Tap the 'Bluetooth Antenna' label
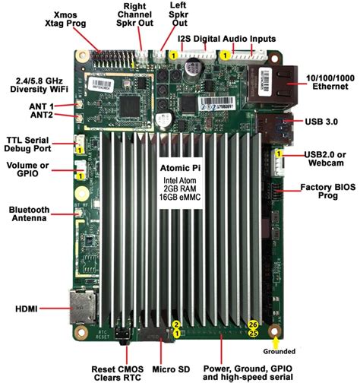pos(30,215)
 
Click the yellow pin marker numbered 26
pos(253,323)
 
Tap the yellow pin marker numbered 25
pos(253,333)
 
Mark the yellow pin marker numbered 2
pos(176,324)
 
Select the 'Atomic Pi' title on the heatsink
pos(180,166)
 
